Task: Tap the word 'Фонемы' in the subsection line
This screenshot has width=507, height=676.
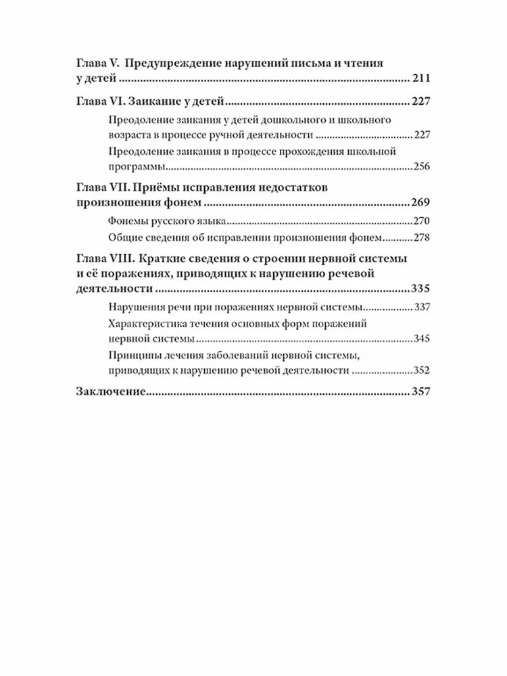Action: pos(126,221)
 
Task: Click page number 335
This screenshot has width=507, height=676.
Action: pos(420,290)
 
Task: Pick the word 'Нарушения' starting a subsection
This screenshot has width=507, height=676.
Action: pos(133,308)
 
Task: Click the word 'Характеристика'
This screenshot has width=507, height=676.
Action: pos(146,324)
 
